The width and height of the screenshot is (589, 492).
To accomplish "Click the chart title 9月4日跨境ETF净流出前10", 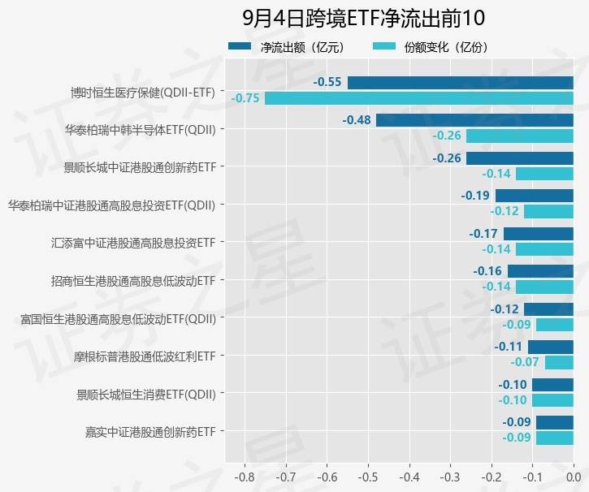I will (x=363, y=19).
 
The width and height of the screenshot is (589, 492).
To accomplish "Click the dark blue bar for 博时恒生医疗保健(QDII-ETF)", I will (x=460, y=82).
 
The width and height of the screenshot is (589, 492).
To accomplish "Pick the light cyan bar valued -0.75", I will (x=418, y=98).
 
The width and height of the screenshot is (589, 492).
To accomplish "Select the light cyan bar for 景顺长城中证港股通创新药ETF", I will (x=544, y=174).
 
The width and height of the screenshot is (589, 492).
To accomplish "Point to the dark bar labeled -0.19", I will (x=534, y=196).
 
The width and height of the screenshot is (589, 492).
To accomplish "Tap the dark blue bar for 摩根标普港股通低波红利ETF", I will (x=550, y=347).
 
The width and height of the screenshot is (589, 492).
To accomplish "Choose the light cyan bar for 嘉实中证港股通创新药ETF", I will (x=554, y=438).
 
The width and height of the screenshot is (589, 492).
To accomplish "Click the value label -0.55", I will (x=327, y=82).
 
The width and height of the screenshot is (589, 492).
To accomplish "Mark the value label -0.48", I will (x=357, y=120).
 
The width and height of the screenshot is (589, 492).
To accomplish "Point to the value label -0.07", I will (x=525, y=362).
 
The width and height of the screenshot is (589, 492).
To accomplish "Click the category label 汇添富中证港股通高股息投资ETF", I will (x=133, y=243).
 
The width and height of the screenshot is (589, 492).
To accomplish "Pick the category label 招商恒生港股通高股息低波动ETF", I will (x=133, y=281).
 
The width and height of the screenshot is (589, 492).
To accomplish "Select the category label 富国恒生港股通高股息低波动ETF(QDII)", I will (x=118, y=319).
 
